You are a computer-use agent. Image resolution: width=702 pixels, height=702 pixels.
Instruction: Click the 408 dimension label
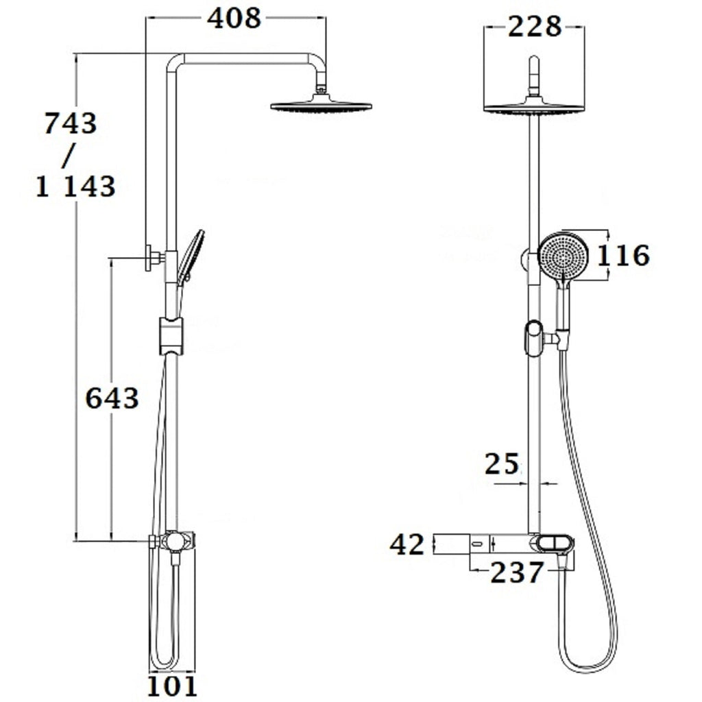tap(234, 19)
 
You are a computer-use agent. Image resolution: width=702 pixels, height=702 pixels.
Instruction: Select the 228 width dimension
tap(535, 27)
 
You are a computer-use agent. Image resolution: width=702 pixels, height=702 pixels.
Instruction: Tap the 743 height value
tap(71, 123)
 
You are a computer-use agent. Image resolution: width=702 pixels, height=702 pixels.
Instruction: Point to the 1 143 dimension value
tap(75, 186)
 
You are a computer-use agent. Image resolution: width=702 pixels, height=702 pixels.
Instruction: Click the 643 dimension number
tap(112, 398)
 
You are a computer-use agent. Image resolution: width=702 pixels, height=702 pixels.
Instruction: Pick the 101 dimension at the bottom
tap(172, 686)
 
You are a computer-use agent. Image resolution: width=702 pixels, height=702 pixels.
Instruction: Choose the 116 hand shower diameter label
tap(624, 256)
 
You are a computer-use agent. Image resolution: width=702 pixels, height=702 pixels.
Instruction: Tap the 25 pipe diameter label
tap(502, 464)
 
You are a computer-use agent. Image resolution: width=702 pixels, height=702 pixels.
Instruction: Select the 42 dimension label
tap(407, 545)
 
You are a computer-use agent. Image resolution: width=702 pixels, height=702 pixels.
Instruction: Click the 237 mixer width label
tap(517, 572)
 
